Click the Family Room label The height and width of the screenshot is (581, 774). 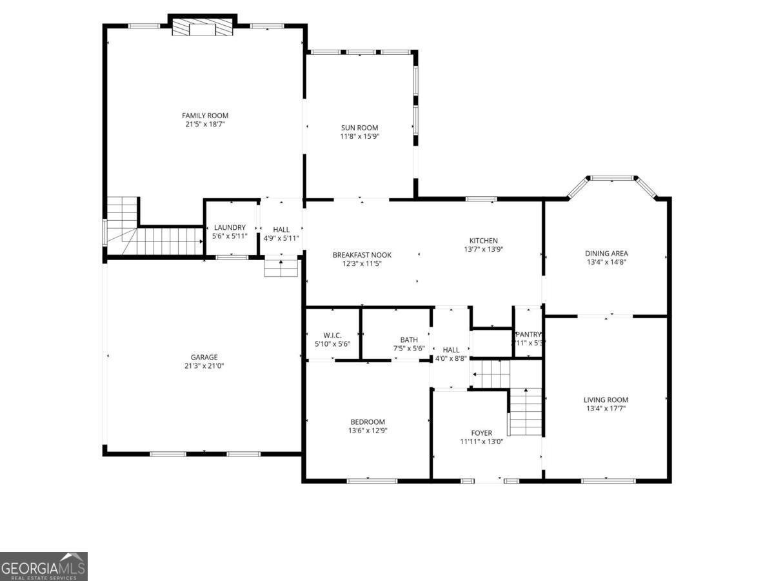204,116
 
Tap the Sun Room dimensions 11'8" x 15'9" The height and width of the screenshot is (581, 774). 359,136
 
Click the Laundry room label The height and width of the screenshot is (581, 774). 230,227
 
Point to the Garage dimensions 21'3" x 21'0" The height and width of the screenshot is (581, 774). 203,365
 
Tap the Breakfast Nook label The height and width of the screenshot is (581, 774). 362,255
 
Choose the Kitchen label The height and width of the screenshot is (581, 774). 483,241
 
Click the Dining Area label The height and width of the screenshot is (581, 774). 606,254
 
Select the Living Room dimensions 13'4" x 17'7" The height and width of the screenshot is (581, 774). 606,408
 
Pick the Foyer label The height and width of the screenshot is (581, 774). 481,433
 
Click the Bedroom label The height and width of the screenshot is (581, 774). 368,422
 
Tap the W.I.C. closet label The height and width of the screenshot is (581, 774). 332,335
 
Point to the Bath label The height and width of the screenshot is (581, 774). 409,340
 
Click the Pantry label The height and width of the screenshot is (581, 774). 528,334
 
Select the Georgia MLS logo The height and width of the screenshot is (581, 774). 43,566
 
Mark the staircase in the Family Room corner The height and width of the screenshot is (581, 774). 155,236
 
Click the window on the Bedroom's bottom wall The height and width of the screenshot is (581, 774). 372,480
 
